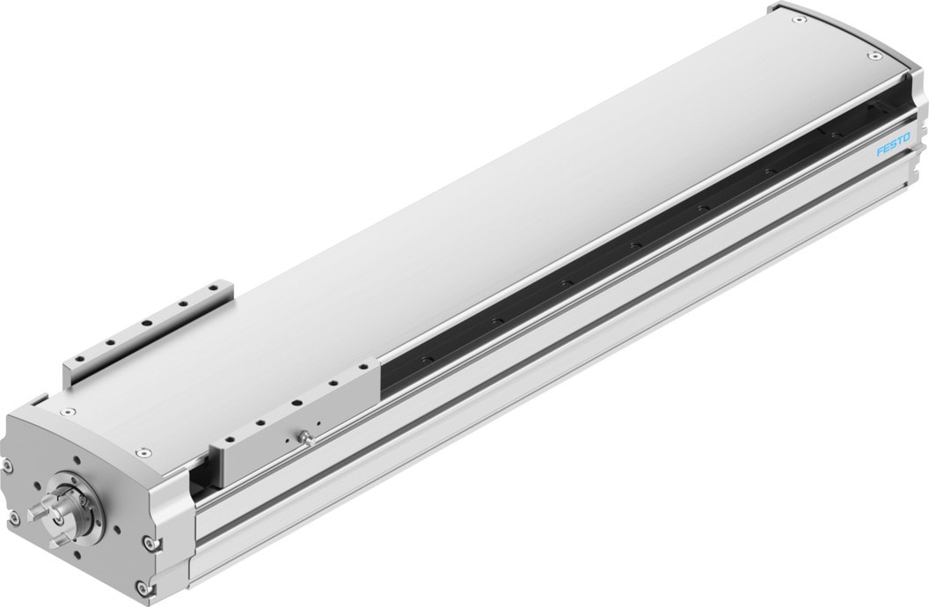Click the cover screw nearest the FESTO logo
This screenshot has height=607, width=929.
tap(873, 57)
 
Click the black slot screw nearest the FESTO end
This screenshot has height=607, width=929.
tap(830, 134)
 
